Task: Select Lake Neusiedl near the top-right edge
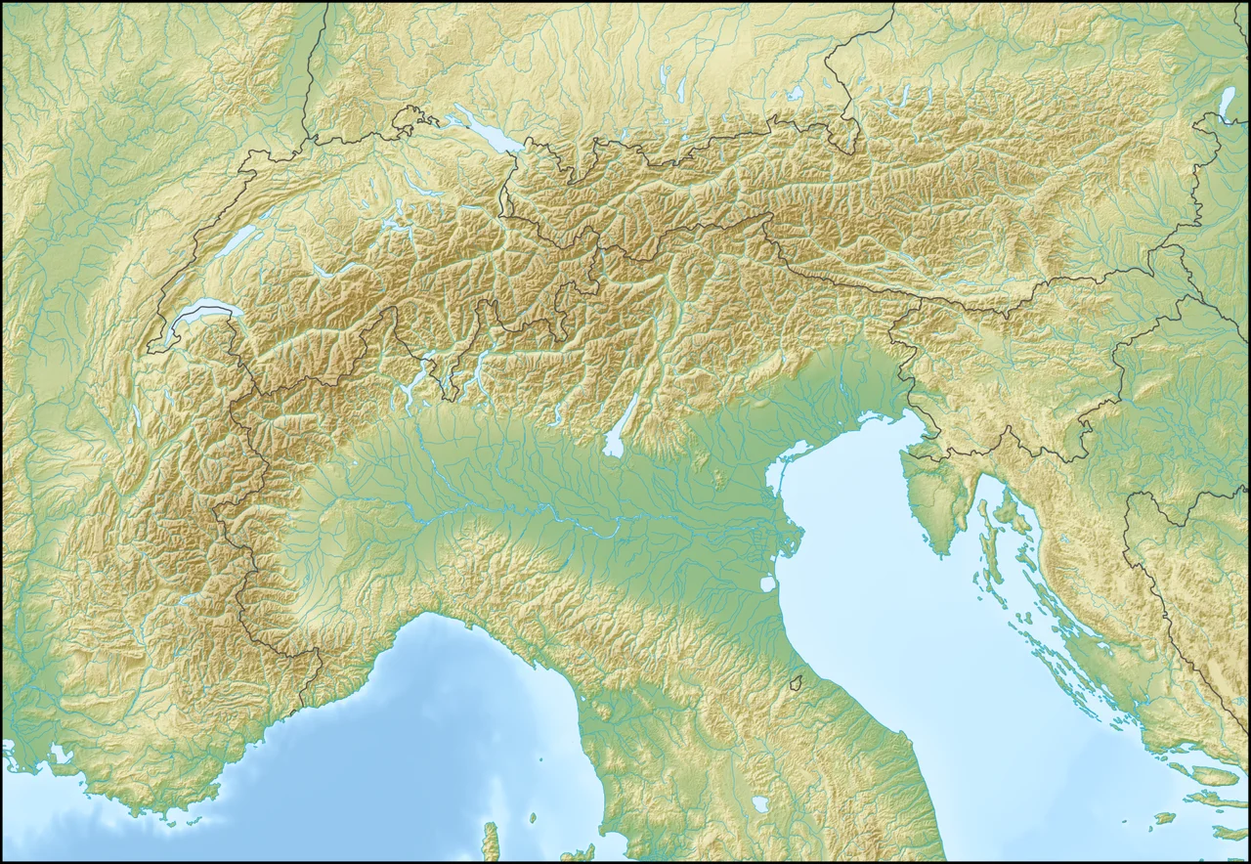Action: tap(1228, 102)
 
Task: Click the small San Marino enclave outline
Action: tap(797, 681)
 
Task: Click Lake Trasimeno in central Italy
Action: tap(760, 804)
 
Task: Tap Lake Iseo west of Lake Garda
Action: tap(556, 410)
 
